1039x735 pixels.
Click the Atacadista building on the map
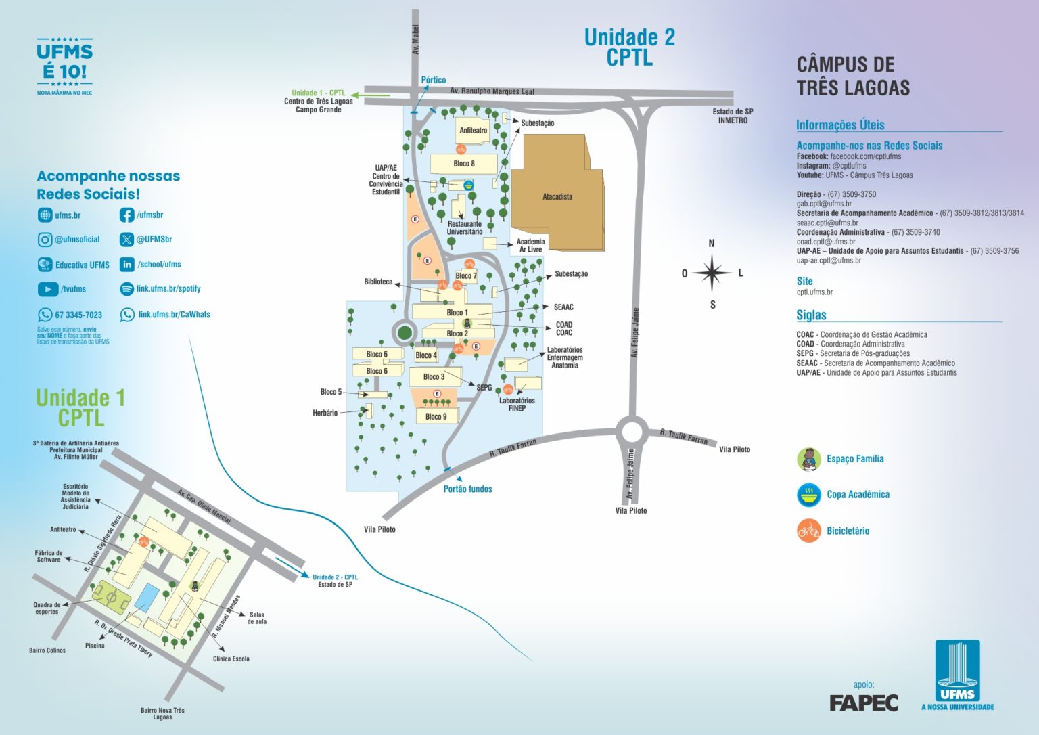click(557, 196)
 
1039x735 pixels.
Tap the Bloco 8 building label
click(463, 163)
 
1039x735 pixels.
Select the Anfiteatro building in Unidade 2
click(473, 130)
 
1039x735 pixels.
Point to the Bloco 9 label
click(436, 416)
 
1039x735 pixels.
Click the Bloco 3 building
click(434, 376)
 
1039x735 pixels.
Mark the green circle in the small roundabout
click(404, 332)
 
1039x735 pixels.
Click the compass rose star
click(712, 273)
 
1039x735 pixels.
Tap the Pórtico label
click(433, 80)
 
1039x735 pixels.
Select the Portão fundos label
click(467, 489)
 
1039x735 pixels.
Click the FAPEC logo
click(864, 703)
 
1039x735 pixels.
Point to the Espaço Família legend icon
click(808, 459)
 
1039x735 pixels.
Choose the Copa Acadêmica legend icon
click(808, 495)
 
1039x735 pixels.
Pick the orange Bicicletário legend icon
click(808, 531)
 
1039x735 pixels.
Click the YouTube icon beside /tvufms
click(47, 289)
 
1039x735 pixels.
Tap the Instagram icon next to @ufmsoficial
click(45, 240)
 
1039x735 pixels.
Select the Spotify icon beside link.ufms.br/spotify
click(126, 289)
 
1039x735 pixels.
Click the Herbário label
click(325, 413)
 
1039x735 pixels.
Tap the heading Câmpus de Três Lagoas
click(852, 76)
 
